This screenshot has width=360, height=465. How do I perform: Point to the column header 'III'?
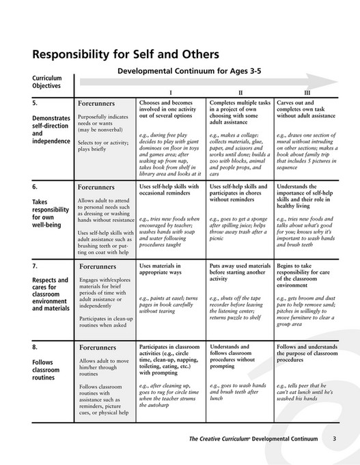click(x=307, y=91)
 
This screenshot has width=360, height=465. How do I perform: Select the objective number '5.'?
click(x=36, y=102)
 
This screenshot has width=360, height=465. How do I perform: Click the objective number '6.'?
click(x=36, y=185)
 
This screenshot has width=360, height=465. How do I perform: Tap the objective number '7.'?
click(x=36, y=264)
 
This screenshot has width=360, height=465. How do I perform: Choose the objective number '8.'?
click(x=36, y=347)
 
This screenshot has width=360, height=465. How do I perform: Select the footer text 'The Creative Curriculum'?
click(x=221, y=439)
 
